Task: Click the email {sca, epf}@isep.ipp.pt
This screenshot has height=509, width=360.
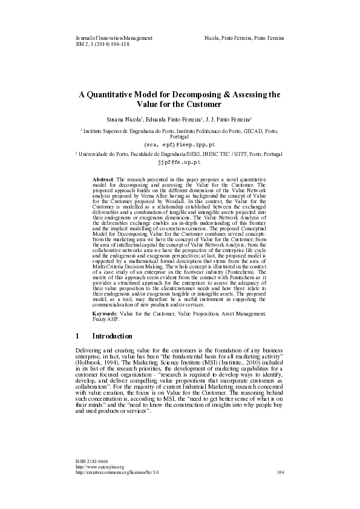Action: tap(179, 145)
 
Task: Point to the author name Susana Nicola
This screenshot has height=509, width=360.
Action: tap(125, 120)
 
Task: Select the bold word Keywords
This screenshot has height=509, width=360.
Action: tap(106, 314)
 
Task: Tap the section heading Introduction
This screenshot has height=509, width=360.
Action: tap(116, 336)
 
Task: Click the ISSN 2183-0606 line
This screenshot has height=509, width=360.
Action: tap(91, 478)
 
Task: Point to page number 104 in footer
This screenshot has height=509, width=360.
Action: tap(280, 490)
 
